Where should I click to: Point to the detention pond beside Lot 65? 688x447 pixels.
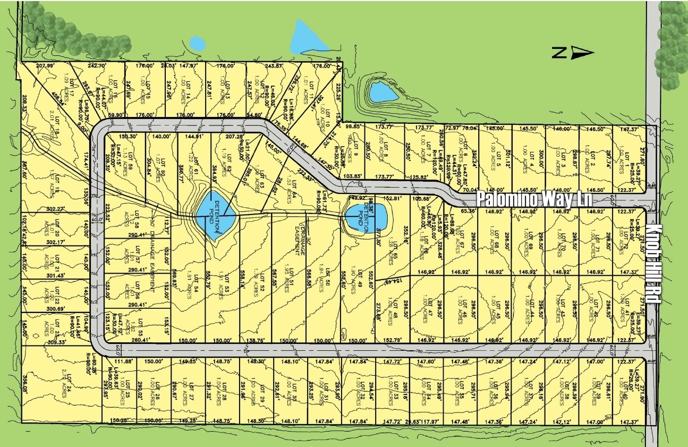click(365, 218)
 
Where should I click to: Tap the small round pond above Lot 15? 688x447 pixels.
click(197, 43)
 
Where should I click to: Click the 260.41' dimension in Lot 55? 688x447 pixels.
click(126, 340)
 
